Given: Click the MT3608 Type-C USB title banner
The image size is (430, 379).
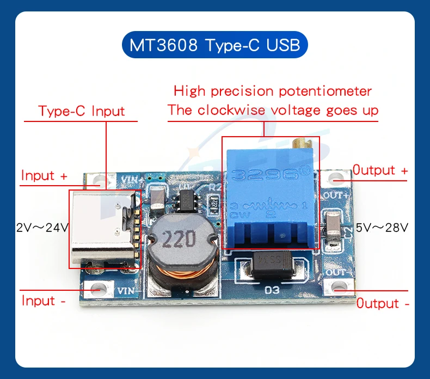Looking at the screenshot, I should pyautogui.click(x=214, y=45).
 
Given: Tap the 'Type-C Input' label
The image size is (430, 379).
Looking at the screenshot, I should pyautogui.click(x=82, y=112).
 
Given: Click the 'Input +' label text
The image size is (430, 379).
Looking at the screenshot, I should pyautogui.click(x=45, y=176).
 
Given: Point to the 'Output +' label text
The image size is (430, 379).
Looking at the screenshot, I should pyautogui.click(x=380, y=170).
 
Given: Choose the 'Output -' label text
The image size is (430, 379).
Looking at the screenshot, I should pyautogui.click(x=383, y=304).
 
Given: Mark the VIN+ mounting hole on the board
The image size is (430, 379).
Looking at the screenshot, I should pyautogui.click(x=99, y=180).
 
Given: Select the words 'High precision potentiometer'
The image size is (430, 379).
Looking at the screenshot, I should pyautogui.click(x=273, y=90).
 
